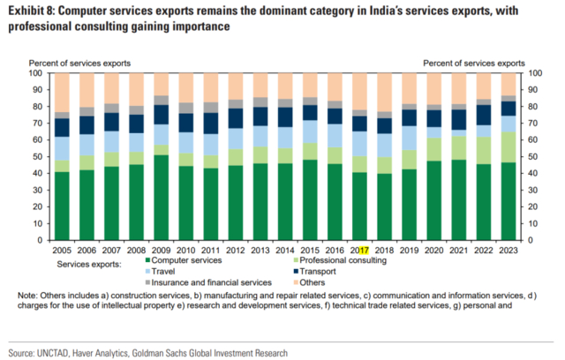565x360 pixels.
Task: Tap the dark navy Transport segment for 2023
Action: (508, 108)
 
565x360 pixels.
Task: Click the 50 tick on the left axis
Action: (40, 156)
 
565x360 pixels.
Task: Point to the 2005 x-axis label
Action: (61, 251)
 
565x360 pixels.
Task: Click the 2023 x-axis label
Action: (508, 251)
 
